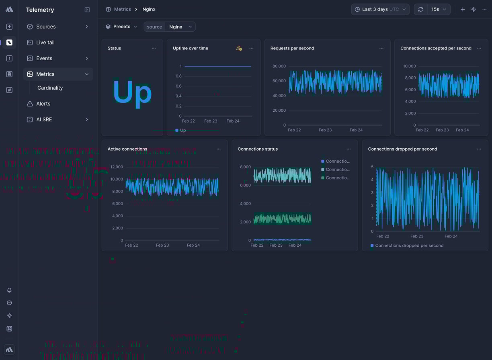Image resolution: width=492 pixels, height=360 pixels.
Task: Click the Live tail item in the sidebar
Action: point(45,43)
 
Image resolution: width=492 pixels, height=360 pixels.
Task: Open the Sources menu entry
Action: point(46,27)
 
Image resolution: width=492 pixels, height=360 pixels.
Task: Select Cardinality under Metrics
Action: point(50,88)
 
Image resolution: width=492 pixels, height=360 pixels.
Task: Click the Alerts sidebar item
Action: point(43,104)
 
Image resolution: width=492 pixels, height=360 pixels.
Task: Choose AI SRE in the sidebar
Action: point(44,120)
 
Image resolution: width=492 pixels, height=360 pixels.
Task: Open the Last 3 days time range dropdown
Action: point(380,9)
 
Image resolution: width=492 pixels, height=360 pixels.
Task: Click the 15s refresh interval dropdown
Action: point(439,9)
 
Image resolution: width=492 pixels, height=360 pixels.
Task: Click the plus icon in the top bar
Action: point(463,9)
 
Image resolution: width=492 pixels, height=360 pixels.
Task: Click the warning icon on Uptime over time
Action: point(239,48)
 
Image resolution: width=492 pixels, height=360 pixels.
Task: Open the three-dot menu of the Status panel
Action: point(154,48)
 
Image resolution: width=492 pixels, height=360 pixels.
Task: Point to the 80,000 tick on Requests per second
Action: point(279,66)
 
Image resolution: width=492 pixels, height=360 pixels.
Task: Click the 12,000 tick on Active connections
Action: point(116,167)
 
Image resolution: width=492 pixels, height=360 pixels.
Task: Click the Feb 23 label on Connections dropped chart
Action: point(417,236)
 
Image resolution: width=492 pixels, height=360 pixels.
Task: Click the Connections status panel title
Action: point(258,149)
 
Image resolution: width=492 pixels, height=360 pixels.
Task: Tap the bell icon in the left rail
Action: point(9,290)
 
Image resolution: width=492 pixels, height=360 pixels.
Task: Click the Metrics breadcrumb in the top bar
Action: point(122,9)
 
